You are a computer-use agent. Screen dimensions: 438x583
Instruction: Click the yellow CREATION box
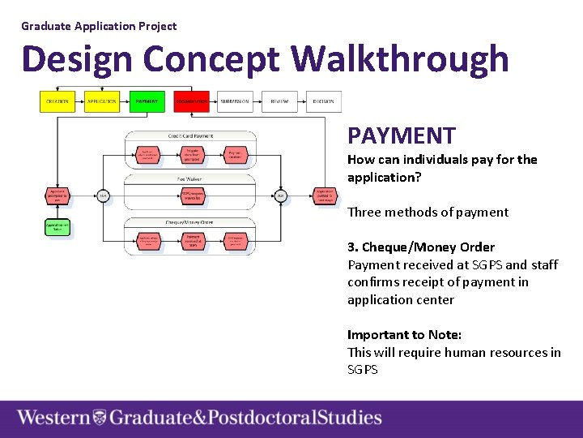57,101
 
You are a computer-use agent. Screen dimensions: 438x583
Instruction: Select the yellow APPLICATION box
102,101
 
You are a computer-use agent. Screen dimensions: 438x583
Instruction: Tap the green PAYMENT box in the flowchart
147,101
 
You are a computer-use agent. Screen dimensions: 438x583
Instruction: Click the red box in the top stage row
191,101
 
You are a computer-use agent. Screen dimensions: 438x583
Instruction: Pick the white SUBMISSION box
235,101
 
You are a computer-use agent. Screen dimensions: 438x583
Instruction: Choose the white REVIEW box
279,101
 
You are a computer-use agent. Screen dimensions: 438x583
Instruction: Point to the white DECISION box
324,101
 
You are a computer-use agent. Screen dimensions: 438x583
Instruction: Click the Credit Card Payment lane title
190,135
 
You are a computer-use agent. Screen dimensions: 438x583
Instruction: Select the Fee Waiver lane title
190,178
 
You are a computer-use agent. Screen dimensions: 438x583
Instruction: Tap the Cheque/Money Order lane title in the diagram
190,221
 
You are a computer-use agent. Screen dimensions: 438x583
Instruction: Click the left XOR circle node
103,195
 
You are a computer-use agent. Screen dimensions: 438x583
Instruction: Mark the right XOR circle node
280,195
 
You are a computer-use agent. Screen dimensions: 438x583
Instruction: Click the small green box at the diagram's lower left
57,226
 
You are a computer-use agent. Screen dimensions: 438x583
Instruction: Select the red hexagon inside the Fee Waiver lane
191,195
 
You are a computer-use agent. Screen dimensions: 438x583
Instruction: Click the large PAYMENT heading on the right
402,135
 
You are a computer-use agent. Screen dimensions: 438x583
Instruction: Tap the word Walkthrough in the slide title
400,59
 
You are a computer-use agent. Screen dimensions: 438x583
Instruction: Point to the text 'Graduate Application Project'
99,26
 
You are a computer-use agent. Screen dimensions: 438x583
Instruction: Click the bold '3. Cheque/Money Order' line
421,247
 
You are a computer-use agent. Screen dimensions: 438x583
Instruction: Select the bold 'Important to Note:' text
404,334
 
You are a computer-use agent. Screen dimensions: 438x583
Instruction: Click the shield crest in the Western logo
100,419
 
